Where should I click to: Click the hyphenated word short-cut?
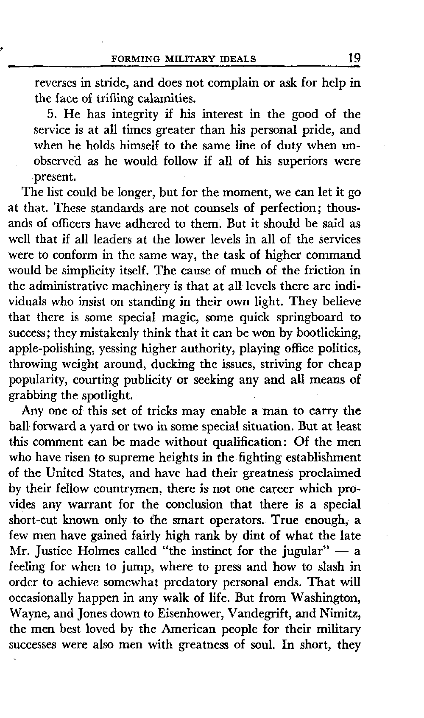point(31,520)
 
